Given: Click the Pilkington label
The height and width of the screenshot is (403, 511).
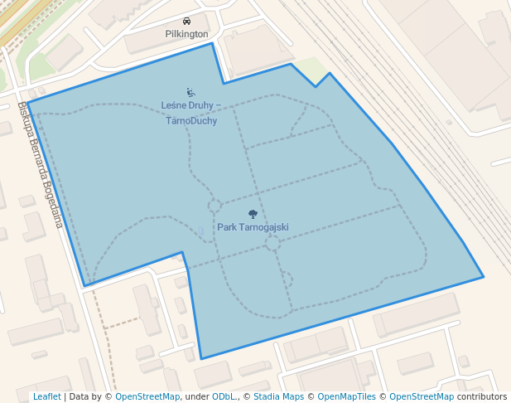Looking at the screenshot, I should [186, 34].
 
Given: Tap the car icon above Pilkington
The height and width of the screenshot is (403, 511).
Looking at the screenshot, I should [186, 22].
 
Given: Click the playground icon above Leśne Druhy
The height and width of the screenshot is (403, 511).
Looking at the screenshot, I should [190, 93].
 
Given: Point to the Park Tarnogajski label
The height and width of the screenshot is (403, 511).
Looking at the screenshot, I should [253, 226].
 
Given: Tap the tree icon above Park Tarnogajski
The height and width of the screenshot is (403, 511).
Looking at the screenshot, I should [253, 214].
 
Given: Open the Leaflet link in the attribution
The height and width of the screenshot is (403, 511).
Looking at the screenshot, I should [46, 396].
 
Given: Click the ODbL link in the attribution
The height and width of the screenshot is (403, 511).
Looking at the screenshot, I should [223, 396].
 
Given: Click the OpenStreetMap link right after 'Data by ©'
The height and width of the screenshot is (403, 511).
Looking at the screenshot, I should [147, 396].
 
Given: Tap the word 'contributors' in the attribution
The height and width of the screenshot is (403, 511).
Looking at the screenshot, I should [481, 396].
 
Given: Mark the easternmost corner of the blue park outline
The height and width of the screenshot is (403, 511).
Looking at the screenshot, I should [483, 277].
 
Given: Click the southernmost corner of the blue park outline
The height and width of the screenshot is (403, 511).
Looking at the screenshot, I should [201, 359].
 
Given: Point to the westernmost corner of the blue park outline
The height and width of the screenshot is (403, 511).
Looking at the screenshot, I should [27, 103].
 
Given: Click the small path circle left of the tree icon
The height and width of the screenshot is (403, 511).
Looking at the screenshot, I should [214, 206].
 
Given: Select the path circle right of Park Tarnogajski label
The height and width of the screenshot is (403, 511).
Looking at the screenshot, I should [272, 242].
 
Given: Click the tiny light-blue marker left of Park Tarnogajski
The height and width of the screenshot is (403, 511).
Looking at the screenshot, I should [200, 231].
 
